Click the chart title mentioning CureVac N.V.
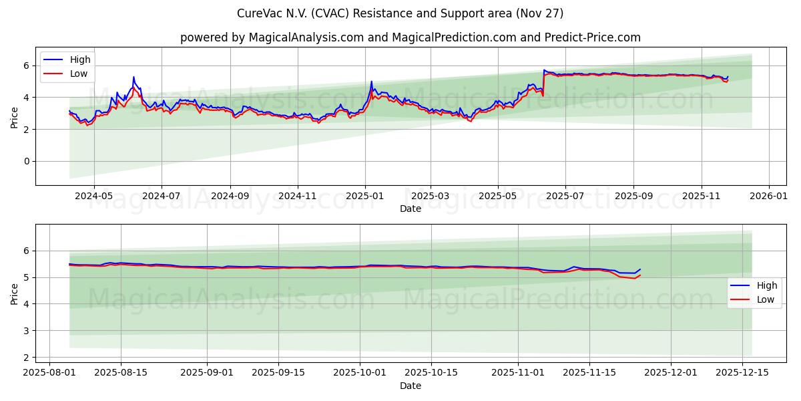400,13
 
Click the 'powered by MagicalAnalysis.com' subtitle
410,37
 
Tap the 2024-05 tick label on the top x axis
93,196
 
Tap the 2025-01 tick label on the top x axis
364,196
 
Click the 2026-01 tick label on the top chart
769,196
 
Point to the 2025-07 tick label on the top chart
565,196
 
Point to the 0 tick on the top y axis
27,161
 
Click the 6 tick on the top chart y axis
27,65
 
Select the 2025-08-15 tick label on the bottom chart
121,373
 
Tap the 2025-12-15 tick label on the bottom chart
742,373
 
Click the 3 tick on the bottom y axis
27,331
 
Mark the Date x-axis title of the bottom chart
410,386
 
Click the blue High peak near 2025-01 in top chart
371,82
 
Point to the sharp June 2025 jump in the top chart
543,80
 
